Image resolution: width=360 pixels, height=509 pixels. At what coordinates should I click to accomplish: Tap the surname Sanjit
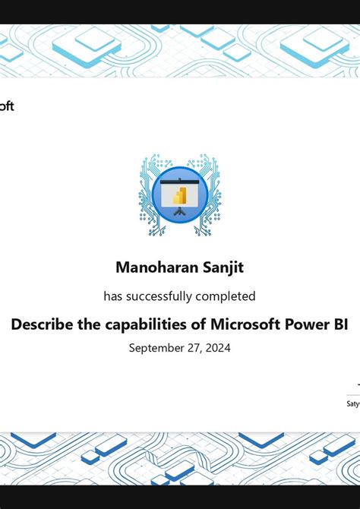coord(223,267)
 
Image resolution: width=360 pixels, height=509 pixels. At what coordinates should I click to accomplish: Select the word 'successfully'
coord(158,296)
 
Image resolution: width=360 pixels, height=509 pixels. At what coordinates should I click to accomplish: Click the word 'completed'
coord(226,296)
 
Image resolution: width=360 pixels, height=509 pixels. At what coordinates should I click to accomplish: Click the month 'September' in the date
coord(156,348)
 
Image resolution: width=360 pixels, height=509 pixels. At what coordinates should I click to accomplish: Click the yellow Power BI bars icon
coord(180,196)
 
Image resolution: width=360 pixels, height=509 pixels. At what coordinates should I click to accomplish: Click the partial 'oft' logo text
coord(6,106)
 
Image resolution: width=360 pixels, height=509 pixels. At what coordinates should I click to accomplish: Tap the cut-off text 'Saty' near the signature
coord(353,403)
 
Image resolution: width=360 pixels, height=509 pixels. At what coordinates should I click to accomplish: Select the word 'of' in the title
coord(197,324)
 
